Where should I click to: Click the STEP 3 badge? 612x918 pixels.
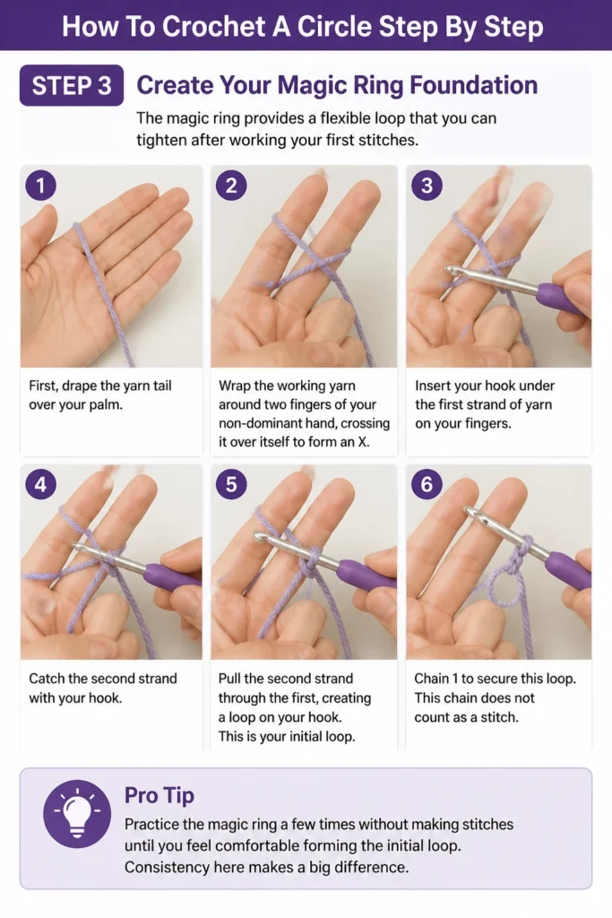coord(72,85)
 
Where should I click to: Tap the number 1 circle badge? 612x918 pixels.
coord(40,186)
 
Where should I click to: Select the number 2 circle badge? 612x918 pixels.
coord(231,186)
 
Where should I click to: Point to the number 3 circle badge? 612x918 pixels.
coord(427,186)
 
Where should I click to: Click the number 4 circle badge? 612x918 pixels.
coord(40,484)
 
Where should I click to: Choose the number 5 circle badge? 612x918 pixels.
coord(231,484)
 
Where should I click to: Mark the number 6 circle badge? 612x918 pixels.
coord(427,484)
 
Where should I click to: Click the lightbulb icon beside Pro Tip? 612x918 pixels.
coord(77,814)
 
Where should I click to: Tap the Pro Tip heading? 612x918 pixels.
coord(159,795)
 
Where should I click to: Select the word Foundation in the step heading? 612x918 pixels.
coord(473,85)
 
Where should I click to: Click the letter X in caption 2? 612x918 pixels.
coord(363,442)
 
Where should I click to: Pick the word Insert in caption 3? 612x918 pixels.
coord(431,385)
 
